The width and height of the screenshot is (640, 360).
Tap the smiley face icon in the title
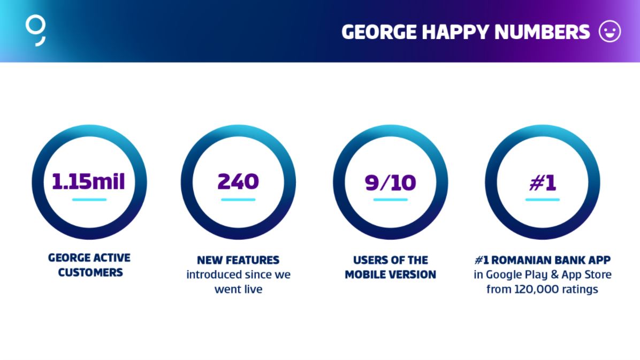point(610,32)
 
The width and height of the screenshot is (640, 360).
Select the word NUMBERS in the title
point(542,32)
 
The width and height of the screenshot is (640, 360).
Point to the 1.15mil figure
point(88,182)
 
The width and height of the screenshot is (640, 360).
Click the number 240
point(238,181)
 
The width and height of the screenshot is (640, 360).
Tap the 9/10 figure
point(390,182)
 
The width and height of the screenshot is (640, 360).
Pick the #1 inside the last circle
point(543,182)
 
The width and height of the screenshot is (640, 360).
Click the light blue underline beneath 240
point(238,200)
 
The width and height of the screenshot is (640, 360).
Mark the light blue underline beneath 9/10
point(390,200)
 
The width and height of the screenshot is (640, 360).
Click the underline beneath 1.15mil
point(89,200)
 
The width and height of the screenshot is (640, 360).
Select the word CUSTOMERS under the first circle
point(90,272)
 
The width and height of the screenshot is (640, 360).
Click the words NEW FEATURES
point(238,260)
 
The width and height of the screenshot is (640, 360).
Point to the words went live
point(238,289)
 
